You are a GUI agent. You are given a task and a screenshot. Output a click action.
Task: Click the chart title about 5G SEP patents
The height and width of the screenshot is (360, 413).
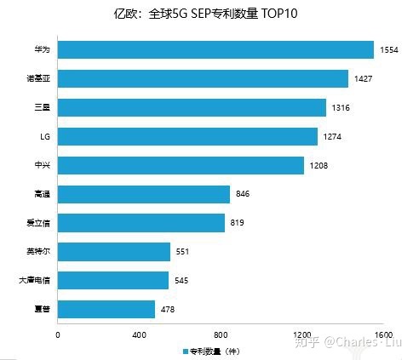(206, 14)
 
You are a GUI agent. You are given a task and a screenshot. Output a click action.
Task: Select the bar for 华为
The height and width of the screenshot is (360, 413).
(215, 50)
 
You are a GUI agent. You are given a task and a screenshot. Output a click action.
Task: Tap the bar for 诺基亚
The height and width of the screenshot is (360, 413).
(203, 79)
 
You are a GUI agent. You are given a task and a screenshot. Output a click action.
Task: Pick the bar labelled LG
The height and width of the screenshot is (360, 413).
(187, 136)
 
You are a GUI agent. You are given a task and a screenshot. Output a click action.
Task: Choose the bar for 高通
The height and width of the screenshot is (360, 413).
(144, 194)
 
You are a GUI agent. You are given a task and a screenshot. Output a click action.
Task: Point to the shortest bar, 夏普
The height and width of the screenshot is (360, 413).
(106, 309)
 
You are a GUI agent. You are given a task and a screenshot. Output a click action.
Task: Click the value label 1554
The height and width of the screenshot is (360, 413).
(389, 50)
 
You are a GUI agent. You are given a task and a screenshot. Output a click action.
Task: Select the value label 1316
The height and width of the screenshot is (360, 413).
(341, 108)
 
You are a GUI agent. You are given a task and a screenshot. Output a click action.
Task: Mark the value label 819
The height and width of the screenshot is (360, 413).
(238, 223)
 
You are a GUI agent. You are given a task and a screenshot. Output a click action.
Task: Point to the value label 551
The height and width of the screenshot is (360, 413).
(184, 252)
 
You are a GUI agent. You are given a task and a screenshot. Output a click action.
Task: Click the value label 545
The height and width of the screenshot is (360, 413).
(181, 280)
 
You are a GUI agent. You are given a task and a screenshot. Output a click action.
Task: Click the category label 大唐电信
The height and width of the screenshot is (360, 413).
(33, 280)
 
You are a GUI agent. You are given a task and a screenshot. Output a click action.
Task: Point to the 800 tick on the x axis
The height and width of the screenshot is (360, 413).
(221, 334)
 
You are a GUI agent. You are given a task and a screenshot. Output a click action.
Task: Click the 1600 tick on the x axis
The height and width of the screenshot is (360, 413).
(382, 334)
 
